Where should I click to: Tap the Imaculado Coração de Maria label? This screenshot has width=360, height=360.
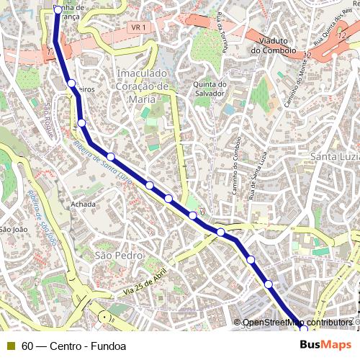[x=143, y=86]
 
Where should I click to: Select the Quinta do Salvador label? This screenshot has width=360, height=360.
[x=210, y=88]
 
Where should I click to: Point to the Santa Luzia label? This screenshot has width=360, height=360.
[x=334, y=157]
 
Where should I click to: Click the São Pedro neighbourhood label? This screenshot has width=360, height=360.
[x=120, y=256]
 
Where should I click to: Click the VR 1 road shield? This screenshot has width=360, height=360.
[x=138, y=27]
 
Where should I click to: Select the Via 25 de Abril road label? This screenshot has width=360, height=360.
[x=145, y=282]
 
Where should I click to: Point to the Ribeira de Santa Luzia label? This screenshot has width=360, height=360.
[x=101, y=162]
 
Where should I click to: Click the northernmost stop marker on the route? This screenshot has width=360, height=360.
[x=58, y=10]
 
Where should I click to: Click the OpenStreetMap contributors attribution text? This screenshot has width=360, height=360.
[x=297, y=323]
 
